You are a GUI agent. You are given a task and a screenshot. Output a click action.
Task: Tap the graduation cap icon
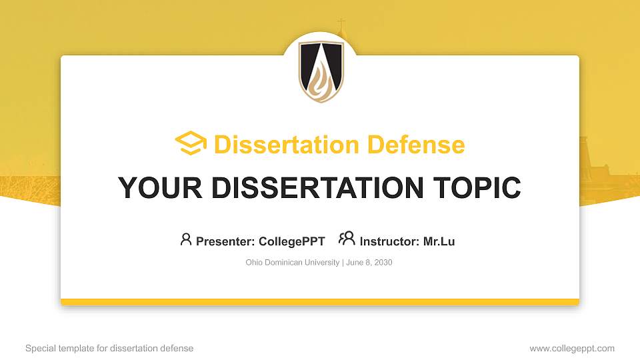[x=191, y=144]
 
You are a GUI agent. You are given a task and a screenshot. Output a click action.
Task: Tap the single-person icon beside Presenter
[x=186, y=239]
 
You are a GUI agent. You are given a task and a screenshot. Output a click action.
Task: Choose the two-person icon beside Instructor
[x=347, y=239]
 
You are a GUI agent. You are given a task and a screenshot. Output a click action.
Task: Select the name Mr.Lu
[x=439, y=241]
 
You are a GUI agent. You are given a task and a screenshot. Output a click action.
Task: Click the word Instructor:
[x=389, y=241]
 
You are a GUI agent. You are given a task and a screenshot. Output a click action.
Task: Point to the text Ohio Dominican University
[x=293, y=263]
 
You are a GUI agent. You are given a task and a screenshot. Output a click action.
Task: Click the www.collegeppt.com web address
[x=572, y=348]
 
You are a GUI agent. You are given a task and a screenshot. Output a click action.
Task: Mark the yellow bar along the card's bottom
[x=320, y=302]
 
